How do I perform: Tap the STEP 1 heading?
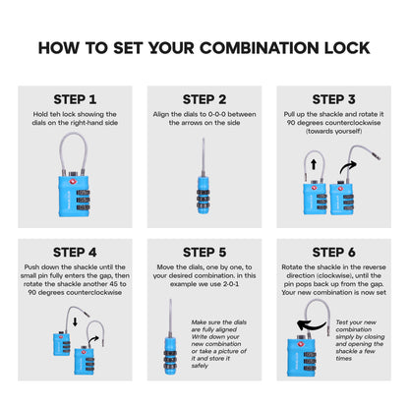(75, 99)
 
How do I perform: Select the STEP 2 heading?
(204, 99)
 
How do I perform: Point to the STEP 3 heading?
(333, 99)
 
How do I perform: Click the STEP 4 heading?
(75, 253)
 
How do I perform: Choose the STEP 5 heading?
(204, 253)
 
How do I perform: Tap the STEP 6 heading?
(333, 253)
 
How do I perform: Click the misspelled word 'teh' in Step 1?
(55, 114)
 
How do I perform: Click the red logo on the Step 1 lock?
(72, 182)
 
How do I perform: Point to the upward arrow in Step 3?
(314, 164)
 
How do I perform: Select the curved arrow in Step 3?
(347, 166)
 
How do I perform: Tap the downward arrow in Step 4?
(75, 321)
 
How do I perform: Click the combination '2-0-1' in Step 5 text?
(231, 284)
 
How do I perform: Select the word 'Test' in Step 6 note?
(342, 322)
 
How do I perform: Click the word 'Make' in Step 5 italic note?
(199, 322)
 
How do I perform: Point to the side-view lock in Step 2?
(204, 176)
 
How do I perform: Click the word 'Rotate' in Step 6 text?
(292, 267)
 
